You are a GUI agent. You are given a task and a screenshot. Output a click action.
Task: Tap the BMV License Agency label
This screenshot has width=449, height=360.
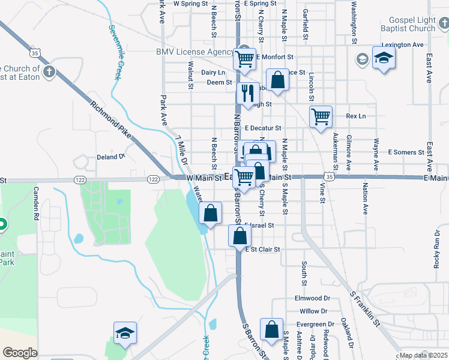(194, 52)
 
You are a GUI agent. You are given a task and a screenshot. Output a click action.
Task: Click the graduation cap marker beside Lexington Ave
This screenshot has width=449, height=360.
(384, 58)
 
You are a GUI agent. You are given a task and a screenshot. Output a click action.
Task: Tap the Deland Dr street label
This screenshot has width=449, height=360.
(110, 157)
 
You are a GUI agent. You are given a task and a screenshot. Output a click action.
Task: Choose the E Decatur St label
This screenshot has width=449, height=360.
(263, 128)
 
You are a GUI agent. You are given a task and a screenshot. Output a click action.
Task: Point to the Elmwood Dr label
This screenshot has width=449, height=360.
(312, 298)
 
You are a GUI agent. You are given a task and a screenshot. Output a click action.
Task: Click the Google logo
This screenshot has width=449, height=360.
(20, 353)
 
